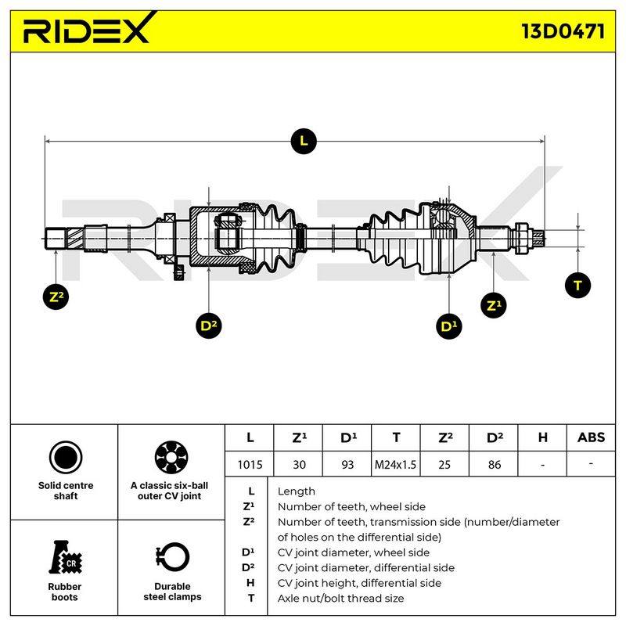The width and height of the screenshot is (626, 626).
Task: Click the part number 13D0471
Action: pos(563,31)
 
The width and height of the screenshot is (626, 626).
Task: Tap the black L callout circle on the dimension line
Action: pos(304,142)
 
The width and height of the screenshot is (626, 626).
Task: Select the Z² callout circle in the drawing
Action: pos(56,297)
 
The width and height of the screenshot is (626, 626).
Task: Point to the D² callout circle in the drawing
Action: pos(208,326)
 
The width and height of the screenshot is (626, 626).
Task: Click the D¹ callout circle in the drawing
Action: pos(448,326)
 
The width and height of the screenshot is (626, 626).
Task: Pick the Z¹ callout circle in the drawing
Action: pos(494,305)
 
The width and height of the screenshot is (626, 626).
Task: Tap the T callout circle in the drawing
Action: pos(577,285)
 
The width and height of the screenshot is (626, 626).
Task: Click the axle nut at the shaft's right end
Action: pos(522,239)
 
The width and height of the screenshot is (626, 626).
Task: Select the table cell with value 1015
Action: pos(250,465)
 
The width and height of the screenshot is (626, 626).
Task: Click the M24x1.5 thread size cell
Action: pos(395,465)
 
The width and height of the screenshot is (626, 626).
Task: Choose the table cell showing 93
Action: pos(347,465)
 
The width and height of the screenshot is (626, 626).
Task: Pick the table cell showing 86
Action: pos(495,465)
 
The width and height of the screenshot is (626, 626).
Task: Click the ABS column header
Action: pos(591,437)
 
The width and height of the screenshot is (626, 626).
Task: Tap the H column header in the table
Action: pos(542,437)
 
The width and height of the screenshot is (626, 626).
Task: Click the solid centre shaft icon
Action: pos(66,458)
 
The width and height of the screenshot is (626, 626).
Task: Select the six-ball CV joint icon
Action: pos(171,458)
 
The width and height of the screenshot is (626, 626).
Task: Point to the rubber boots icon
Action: pos(65,557)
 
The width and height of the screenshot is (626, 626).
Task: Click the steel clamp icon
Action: pos(172,557)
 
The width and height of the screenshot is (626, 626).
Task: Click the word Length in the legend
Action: pos(297,491)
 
